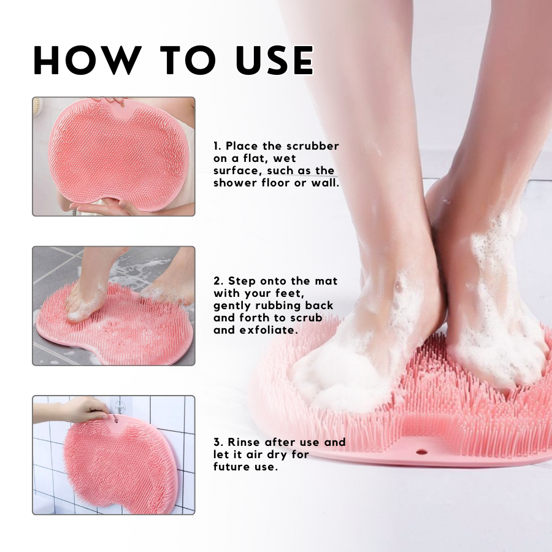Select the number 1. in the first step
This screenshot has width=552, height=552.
tap(217, 146)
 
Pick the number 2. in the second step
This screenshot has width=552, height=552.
tap(218, 281)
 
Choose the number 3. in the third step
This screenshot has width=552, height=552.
tap(218, 442)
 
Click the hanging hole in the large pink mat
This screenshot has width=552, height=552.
tap(422, 452)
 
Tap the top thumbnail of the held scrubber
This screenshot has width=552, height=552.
tap(113, 156)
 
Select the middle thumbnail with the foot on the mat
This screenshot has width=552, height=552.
tap(113, 306)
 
